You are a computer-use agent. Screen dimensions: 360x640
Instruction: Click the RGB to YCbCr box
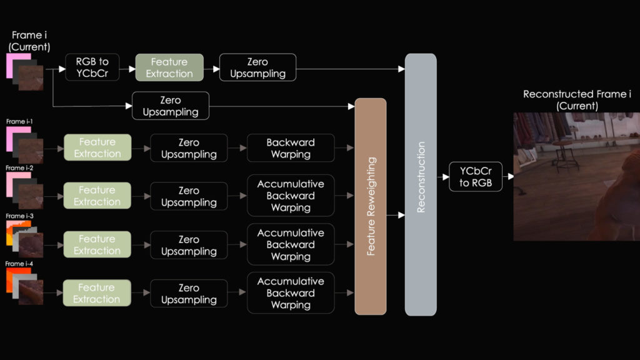click(x=92, y=67)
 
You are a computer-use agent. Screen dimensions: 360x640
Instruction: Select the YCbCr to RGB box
click(x=475, y=177)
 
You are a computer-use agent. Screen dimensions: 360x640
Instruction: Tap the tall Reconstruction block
click(x=421, y=184)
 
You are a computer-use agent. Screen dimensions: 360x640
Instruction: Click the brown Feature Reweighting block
click(x=371, y=206)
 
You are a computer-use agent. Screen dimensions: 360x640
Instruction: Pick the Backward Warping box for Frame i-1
click(x=291, y=148)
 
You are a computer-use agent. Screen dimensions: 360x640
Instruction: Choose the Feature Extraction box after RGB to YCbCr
click(x=169, y=67)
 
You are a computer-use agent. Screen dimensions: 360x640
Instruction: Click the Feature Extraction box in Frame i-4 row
click(x=97, y=293)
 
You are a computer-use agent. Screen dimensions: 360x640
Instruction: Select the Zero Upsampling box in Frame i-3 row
click(x=189, y=245)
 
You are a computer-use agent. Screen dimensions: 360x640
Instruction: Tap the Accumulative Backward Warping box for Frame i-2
click(x=291, y=196)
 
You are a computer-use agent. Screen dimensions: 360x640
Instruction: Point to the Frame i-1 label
click(x=19, y=121)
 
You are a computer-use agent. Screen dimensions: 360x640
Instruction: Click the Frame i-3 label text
click(x=19, y=216)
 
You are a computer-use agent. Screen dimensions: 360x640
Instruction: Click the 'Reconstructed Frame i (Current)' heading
click(x=577, y=100)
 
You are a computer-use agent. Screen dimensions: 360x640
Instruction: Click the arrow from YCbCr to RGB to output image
click(x=508, y=177)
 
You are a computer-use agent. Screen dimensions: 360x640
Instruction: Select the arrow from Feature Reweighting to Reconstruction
click(x=396, y=216)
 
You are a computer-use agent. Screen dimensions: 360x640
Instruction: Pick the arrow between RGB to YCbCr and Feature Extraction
click(x=127, y=67)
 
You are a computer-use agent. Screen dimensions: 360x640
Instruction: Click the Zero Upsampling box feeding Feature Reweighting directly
click(x=170, y=106)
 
